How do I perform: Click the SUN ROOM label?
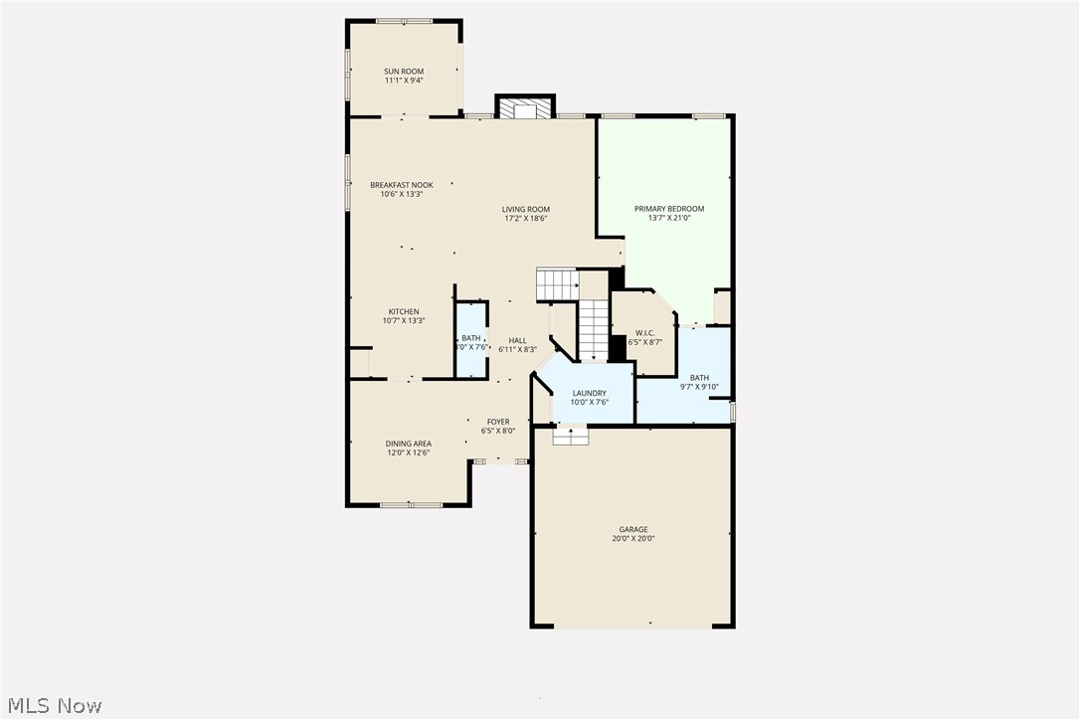pyautogui.click(x=404, y=72)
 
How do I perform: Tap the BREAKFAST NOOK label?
pyautogui.click(x=402, y=185)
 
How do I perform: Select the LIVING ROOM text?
pyautogui.click(x=525, y=210)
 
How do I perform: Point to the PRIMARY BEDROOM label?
pyautogui.click(x=669, y=209)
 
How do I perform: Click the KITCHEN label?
pyautogui.click(x=404, y=312)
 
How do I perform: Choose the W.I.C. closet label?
pyautogui.click(x=644, y=333)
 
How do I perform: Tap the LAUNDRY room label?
pyautogui.click(x=589, y=394)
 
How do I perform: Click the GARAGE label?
pyautogui.click(x=632, y=530)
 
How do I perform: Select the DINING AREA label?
pyautogui.click(x=409, y=444)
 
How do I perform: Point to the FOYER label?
pyautogui.click(x=498, y=423)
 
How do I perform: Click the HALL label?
pyautogui.click(x=517, y=340)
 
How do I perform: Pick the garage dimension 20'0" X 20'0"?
pyautogui.click(x=632, y=539)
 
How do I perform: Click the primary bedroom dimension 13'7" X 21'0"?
pyautogui.click(x=669, y=218)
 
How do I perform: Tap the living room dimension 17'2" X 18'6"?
pyautogui.click(x=525, y=219)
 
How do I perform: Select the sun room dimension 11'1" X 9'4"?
pyautogui.click(x=404, y=81)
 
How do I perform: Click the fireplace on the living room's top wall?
pyautogui.click(x=525, y=107)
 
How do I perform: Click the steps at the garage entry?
pyautogui.click(x=571, y=436)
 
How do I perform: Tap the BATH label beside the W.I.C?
pyautogui.click(x=700, y=378)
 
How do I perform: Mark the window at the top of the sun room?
pyautogui.click(x=404, y=21)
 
